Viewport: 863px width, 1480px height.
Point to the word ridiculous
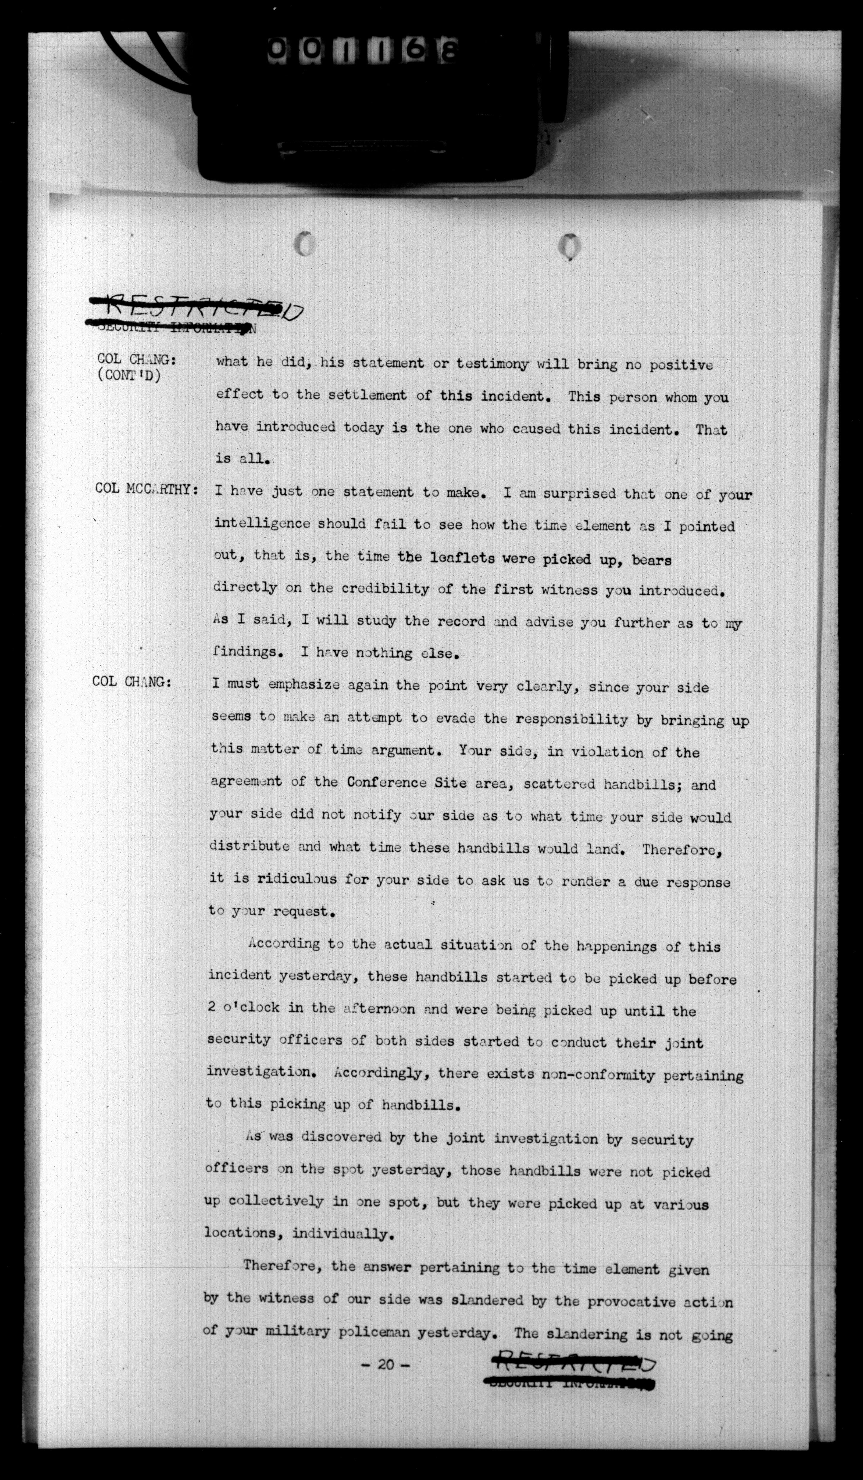click(x=297, y=879)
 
